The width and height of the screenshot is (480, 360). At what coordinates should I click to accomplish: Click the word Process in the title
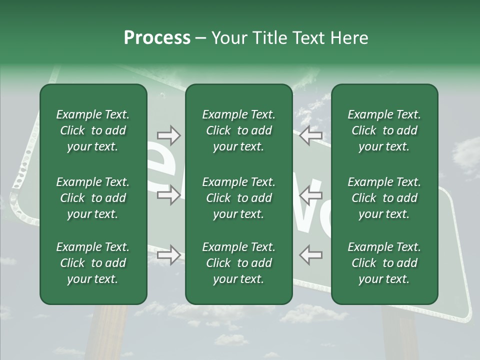tap(157, 38)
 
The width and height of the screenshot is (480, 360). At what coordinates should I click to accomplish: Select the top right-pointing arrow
tap(168, 135)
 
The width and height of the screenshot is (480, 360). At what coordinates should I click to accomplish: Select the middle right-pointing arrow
tap(168, 195)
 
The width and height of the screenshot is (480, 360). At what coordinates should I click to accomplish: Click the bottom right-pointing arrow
tap(168, 255)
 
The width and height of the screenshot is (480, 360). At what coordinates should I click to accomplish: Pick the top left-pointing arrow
tap(310, 135)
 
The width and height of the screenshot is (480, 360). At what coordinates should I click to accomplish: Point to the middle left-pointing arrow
tap(310, 195)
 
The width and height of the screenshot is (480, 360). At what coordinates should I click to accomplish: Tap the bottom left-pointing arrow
tap(310, 255)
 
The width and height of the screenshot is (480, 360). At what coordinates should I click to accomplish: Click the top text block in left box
tap(93, 130)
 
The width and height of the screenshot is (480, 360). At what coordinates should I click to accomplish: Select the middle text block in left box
tap(93, 198)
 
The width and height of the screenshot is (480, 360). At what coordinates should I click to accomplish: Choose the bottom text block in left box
tap(93, 263)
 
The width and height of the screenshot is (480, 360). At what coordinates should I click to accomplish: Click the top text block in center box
tap(238, 130)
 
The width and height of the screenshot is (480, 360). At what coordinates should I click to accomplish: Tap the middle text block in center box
tap(238, 198)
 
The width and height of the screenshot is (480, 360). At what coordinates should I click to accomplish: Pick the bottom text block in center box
tap(238, 263)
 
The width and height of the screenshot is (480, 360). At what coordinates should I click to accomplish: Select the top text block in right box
tap(384, 130)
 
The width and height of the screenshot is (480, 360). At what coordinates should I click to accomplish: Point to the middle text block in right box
tap(384, 198)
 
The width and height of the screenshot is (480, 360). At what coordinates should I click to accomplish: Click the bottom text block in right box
tap(384, 263)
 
